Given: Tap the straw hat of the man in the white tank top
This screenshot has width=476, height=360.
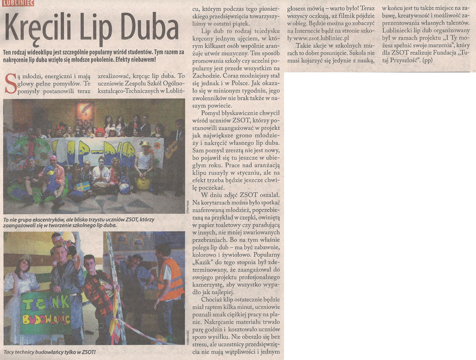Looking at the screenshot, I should point(145,144).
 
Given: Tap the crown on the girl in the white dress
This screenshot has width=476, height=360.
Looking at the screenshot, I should point(25,258).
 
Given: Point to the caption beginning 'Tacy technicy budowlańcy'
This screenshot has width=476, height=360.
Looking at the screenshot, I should point(49,352).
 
